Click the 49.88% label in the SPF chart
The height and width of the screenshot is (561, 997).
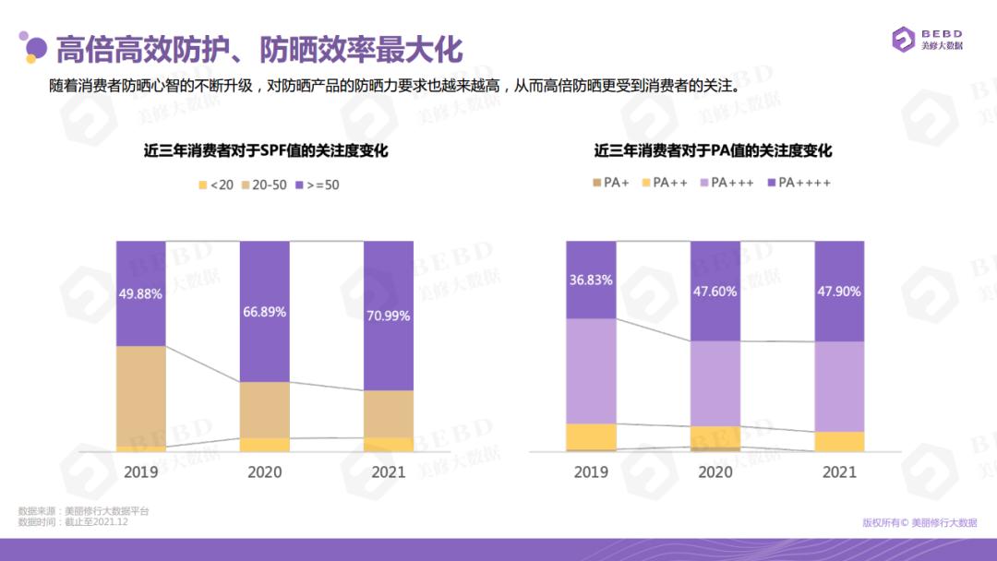coord(141,294)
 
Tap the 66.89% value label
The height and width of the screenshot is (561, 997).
coord(265,312)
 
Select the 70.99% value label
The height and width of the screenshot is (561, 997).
coord(389,315)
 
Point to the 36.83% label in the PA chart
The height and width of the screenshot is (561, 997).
coord(591,280)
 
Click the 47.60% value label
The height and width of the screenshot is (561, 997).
coord(715,291)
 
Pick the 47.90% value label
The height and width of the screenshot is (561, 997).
coord(839,291)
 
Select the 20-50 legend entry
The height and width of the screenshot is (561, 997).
coord(263,185)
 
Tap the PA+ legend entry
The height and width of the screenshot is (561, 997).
coord(611,183)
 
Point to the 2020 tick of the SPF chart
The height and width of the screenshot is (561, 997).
coord(265,471)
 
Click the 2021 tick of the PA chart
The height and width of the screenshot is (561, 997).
coord(839,471)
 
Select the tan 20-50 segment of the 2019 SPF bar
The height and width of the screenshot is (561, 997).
coord(141,396)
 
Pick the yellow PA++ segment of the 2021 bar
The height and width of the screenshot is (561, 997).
coord(839,442)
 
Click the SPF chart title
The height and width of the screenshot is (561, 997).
coord(265,150)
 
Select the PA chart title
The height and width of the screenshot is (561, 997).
coord(714,150)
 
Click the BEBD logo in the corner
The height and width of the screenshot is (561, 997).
coord(927,40)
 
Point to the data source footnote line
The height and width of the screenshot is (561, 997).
coord(83,510)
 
